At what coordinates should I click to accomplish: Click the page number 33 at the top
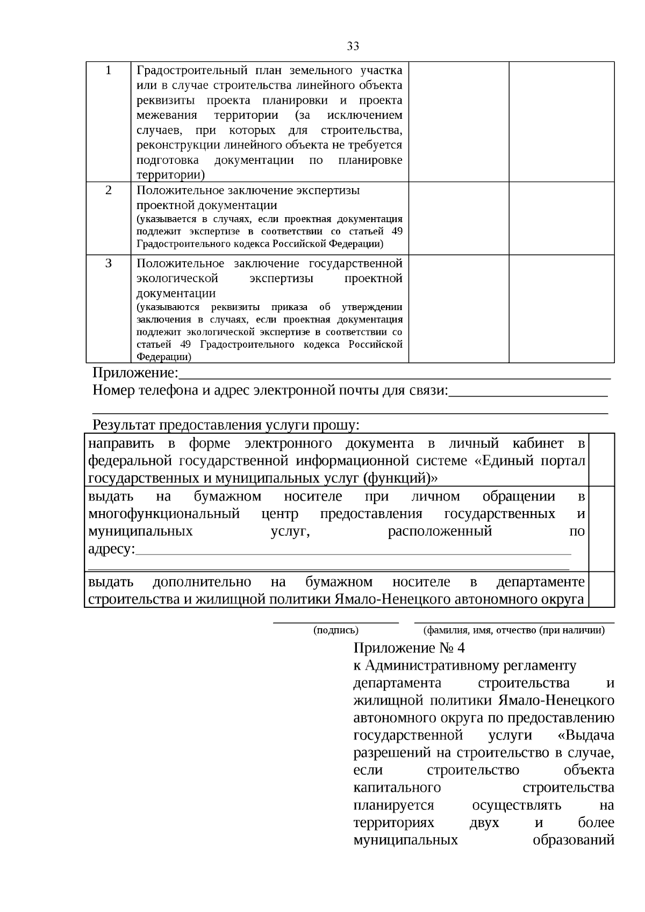point(353,46)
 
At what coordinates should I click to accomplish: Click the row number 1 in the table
point(109,70)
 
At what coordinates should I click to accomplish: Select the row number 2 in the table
point(109,190)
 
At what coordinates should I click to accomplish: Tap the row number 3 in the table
point(109,263)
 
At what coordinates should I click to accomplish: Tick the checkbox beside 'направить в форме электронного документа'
point(601,460)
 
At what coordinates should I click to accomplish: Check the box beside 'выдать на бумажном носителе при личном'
point(601,529)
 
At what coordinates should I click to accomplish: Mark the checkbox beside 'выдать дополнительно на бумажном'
point(601,590)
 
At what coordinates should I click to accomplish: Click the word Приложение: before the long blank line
point(135,373)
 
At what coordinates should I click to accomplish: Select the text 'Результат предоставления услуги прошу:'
point(226,425)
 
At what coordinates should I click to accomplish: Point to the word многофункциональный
point(164,514)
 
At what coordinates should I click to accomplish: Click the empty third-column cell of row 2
point(458,218)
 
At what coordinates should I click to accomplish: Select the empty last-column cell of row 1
point(561,121)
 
